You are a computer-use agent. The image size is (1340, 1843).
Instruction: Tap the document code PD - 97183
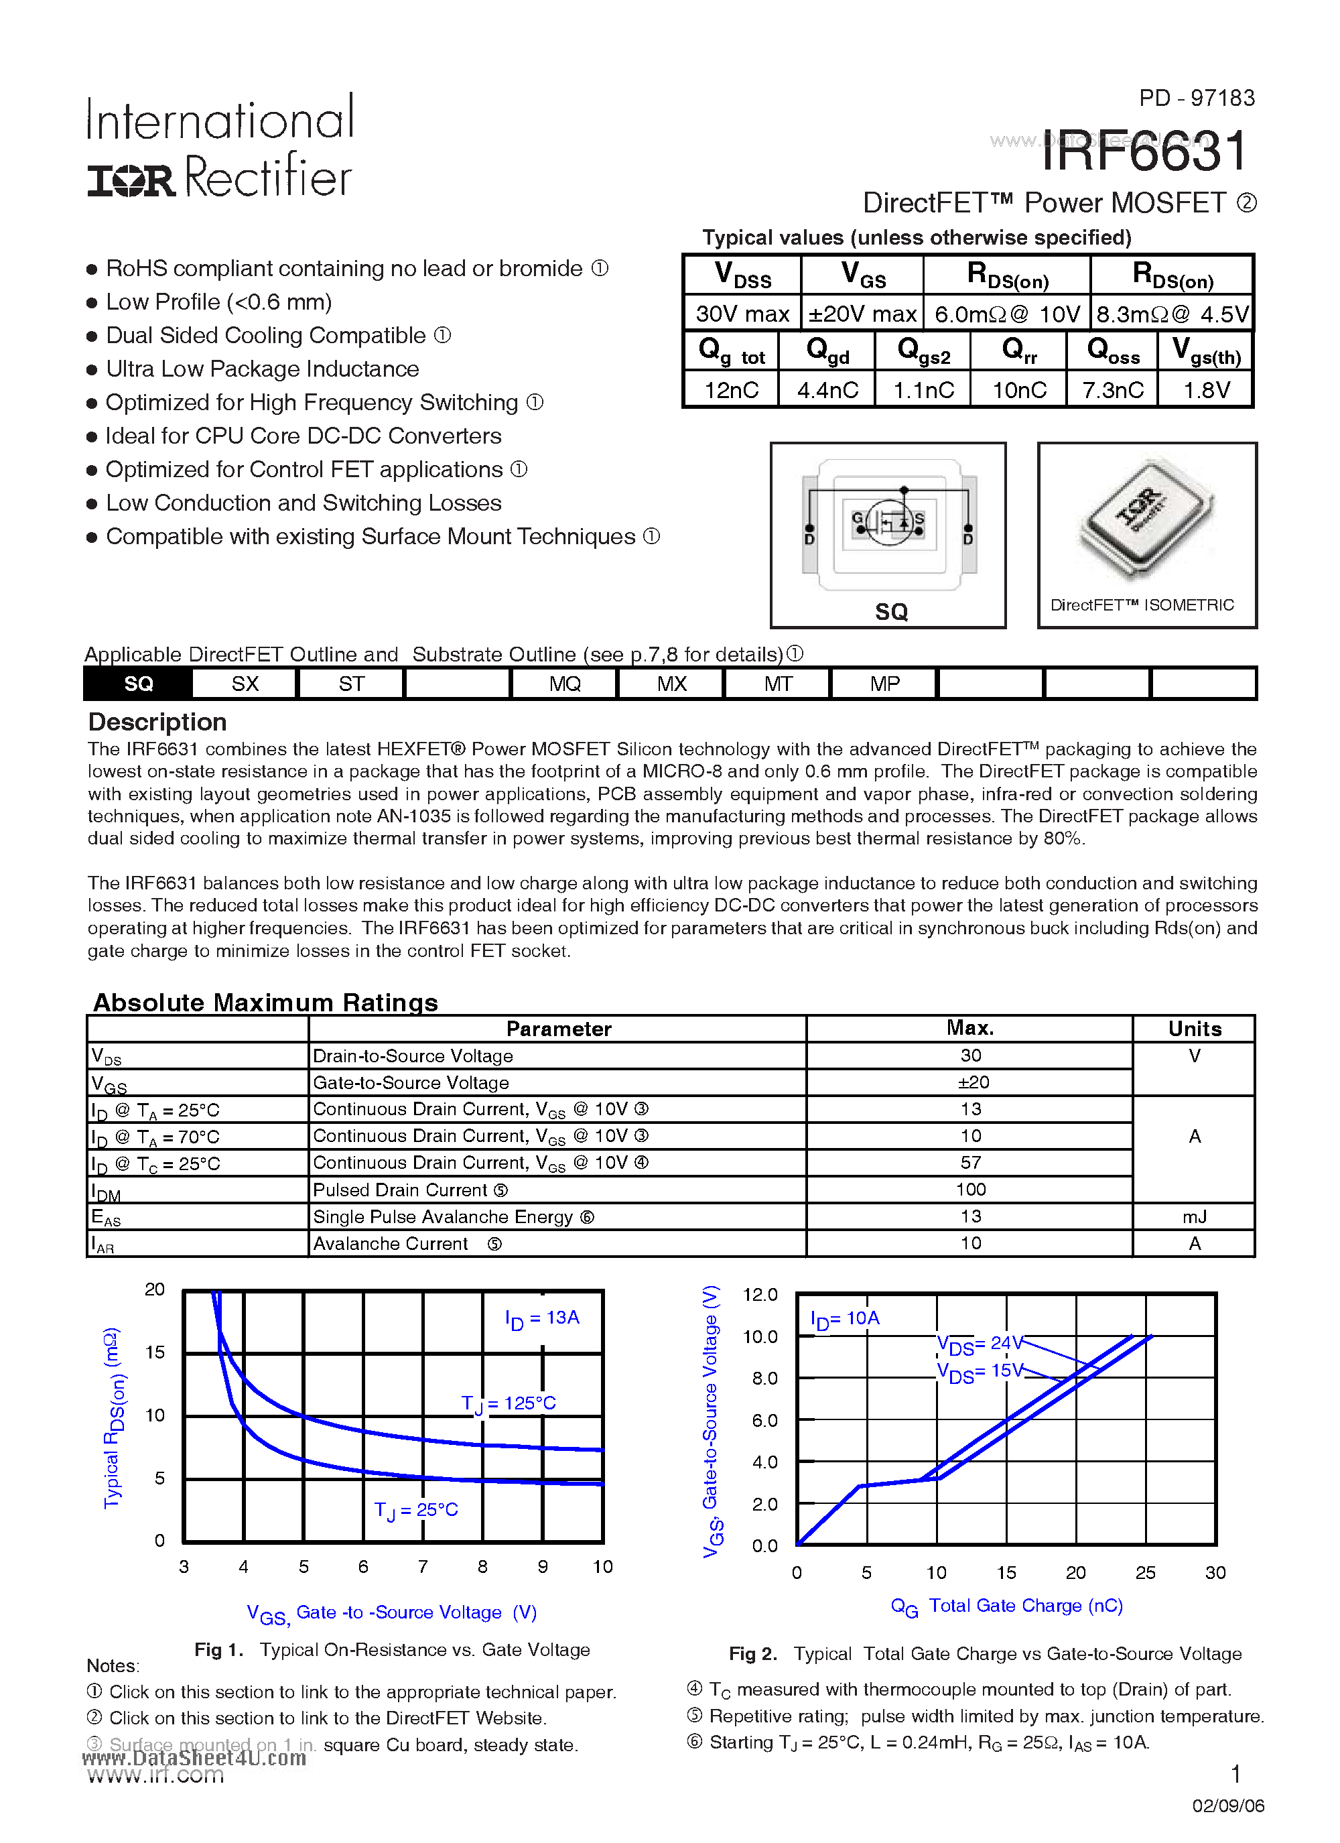click(x=1196, y=99)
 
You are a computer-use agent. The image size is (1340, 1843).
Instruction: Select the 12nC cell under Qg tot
click(x=732, y=390)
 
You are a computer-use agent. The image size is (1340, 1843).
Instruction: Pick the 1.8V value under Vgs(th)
click(x=1206, y=390)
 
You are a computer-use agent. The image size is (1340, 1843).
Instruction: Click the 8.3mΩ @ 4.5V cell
click(x=1172, y=314)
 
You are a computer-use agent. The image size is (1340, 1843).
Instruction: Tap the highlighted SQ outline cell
click(x=138, y=684)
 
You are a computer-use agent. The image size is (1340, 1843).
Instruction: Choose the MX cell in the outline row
click(x=671, y=684)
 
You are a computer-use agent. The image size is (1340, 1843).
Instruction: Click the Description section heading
click(x=157, y=722)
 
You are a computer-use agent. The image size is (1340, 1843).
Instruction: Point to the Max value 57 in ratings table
click(x=970, y=1163)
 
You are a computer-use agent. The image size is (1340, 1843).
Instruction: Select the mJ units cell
click(x=1194, y=1216)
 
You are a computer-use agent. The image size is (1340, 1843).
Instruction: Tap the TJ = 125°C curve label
click(x=509, y=1403)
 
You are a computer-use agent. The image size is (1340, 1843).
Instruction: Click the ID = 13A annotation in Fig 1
click(x=542, y=1318)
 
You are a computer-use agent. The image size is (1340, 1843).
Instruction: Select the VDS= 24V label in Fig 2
click(x=978, y=1344)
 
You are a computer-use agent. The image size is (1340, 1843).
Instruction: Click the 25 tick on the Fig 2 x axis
click(x=1145, y=1572)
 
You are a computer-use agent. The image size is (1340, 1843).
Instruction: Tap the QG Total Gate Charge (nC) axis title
click(x=1006, y=1606)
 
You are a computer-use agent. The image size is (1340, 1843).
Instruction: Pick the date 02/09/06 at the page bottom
click(x=1228, y=1805)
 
